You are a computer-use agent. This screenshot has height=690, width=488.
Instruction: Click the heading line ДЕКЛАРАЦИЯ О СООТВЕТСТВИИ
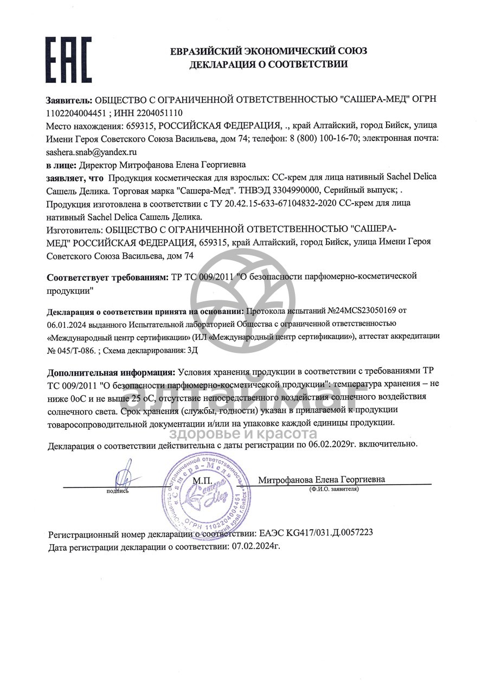click(268, 65)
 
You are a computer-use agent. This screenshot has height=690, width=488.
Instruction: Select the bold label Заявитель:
click(70, 100)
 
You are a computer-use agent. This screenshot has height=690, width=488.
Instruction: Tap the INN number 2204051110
click(161, 113)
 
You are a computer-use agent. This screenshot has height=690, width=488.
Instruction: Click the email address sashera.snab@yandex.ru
click(92, 152)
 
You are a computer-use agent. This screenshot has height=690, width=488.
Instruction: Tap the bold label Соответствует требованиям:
click(108, 277)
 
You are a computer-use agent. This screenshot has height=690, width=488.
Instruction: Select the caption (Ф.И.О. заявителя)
click(333, 489)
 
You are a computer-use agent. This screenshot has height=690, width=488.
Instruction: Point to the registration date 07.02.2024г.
click(256, 546)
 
